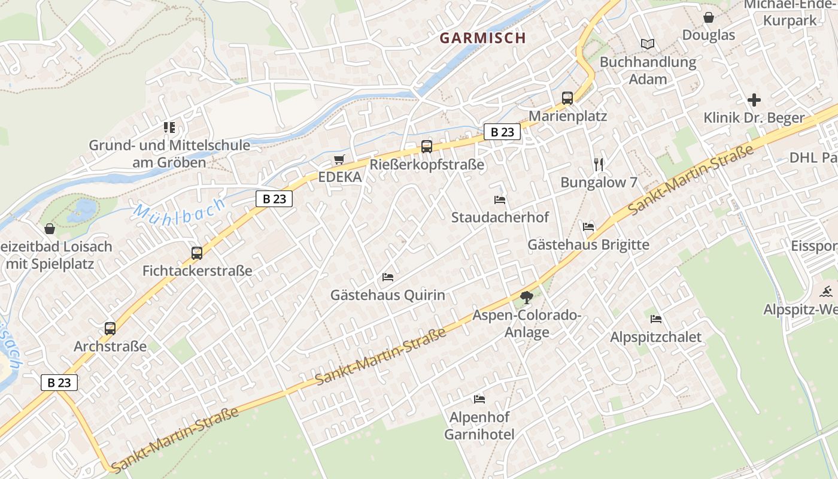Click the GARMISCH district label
pyautogui.click(x=482, y=38)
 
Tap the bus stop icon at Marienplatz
pyautogui.click(x=567, y=98)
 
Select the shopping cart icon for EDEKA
pyautogui.click(x=339, y=159)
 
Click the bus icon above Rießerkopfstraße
pyautogui.click(x=427, y=146)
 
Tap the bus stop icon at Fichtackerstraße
pyautogui.click(x=197, y=253)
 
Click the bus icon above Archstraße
pyautogui.click(x=110, y=328)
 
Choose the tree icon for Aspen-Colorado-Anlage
pyautogui.click(x=527, y=297)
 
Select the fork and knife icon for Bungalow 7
pyautogui.click(x=599, y=165)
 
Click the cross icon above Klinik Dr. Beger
pyautogui.click(x=754, y=100)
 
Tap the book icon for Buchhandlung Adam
pyautogui.click(x=648, y=44)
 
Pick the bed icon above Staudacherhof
pyautogui.click(x=500, y=199)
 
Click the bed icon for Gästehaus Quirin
pyautogui.click(x=388, y=277)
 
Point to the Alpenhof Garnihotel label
pyautogui.click(x=479, y=426)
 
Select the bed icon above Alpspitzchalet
pyautogui.click(x=656, y=319)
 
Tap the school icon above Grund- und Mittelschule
pyautogui.click(x=169, y=127)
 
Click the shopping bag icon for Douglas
pyautogui.click(x=709, y=17)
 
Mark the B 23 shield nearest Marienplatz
pyautogui.click(x=502, y=132)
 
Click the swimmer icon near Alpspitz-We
pyautogui.click(x=826, y=292)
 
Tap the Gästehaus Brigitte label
pyautogui.click(x=588, y=244)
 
